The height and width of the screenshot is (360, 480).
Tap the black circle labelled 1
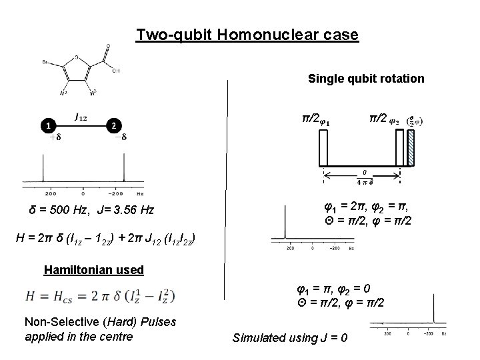point(47,125)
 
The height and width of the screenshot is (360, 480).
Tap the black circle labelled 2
point(114,125)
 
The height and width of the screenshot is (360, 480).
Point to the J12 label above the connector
point(81,117)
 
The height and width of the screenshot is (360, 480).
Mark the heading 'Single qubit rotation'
point(366,79)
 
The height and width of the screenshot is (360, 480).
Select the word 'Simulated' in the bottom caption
point(257,338)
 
